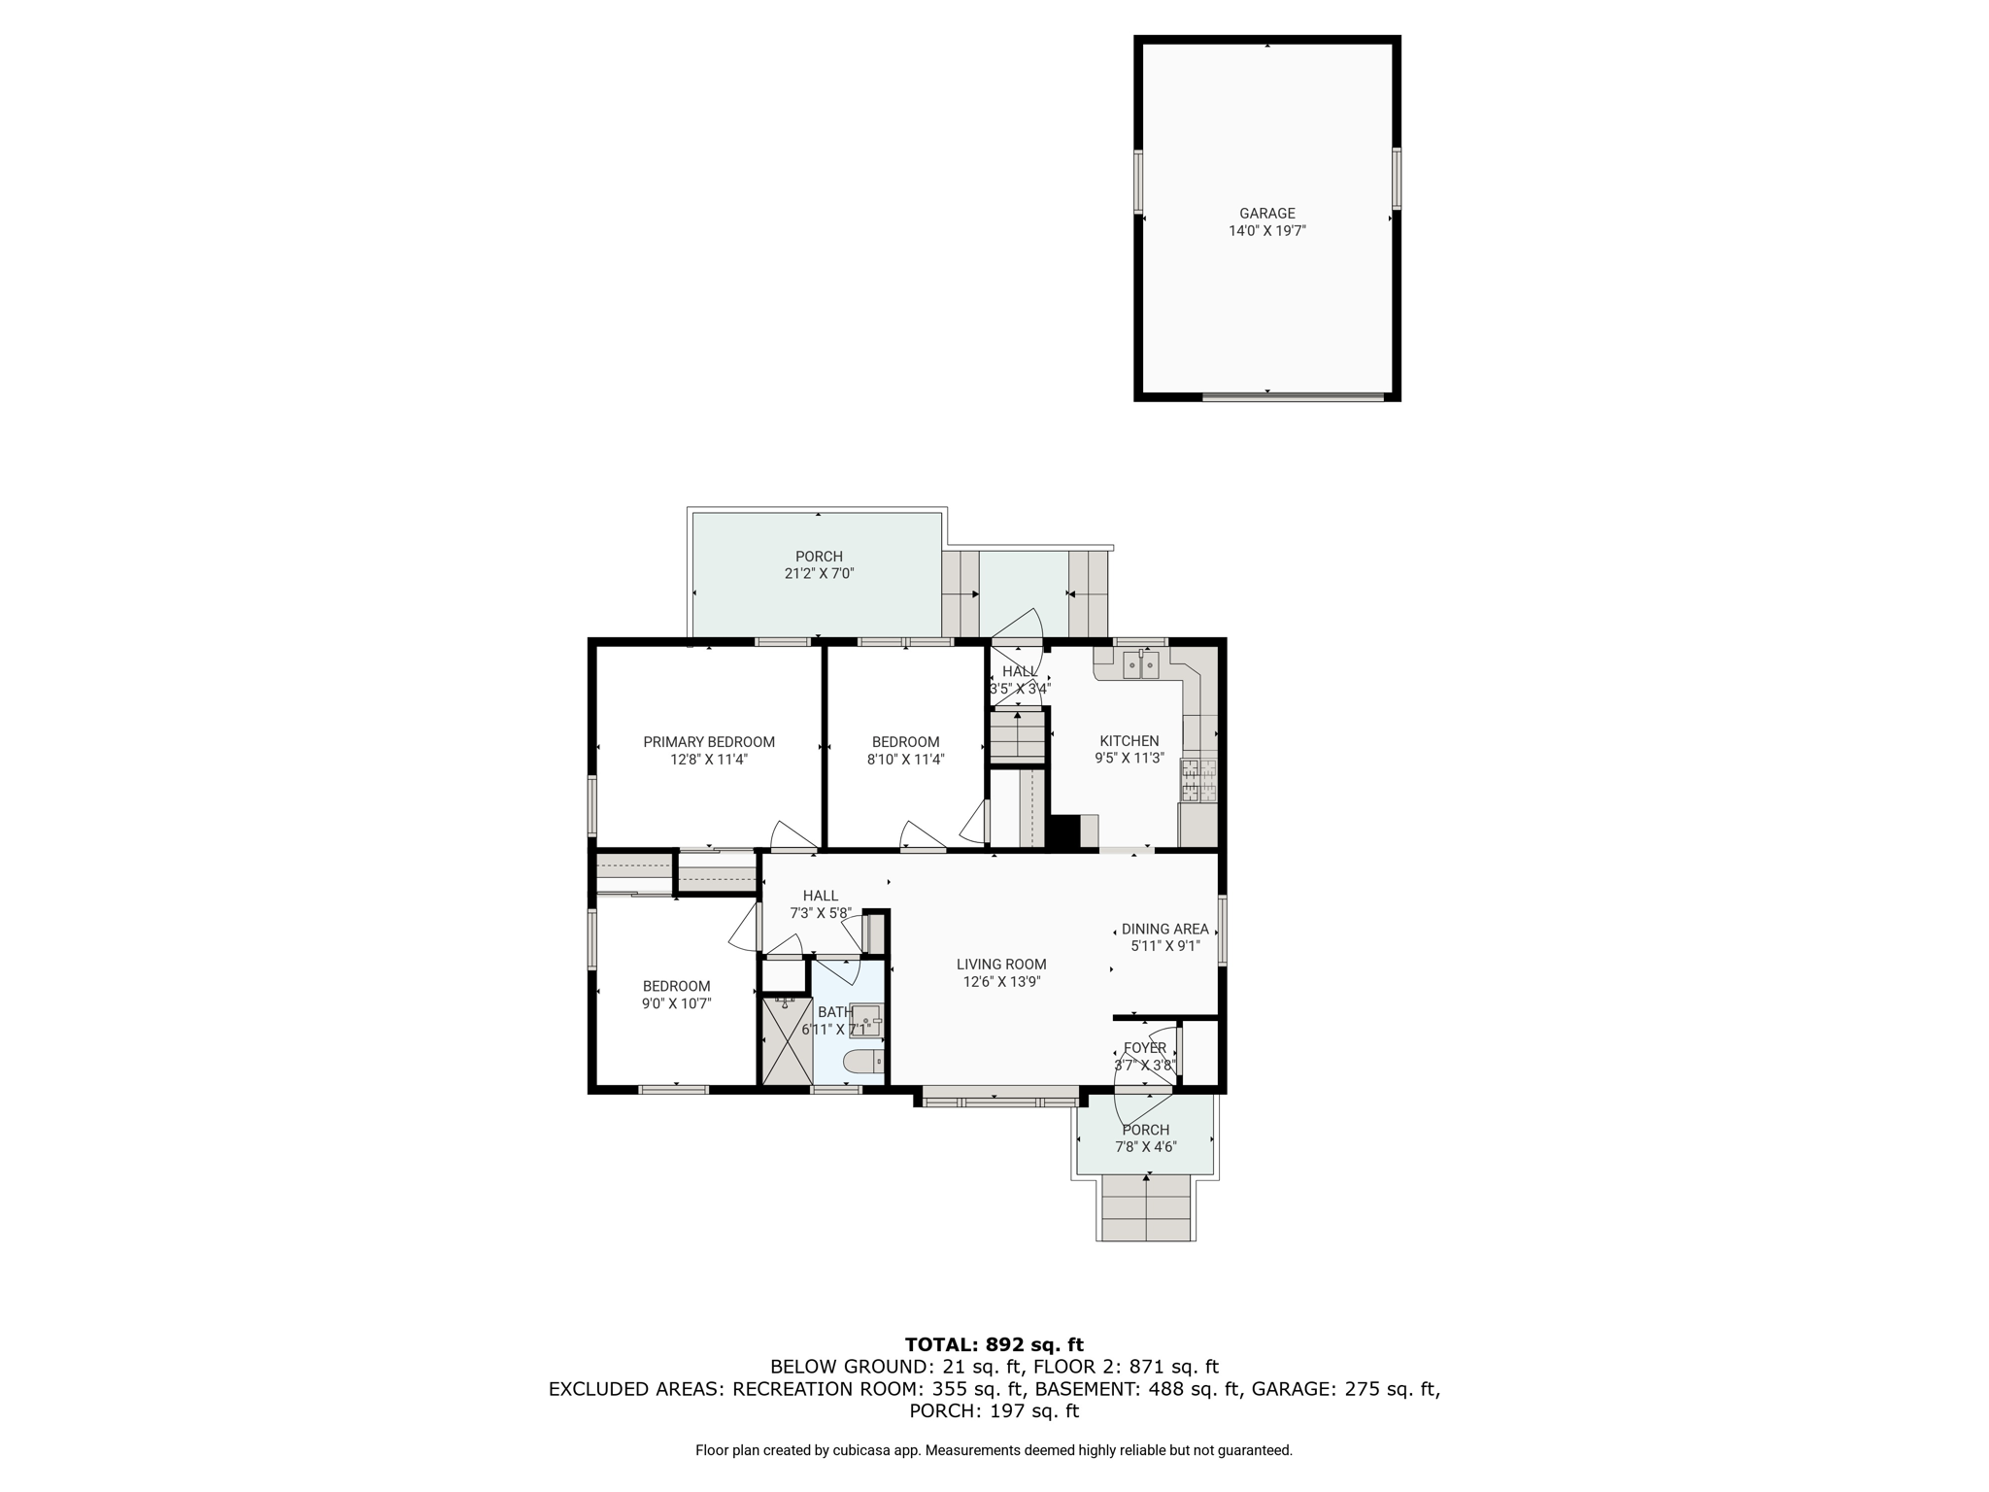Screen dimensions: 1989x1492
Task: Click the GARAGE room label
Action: point(1266,214)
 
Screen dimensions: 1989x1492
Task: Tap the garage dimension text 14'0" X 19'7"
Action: point(1266,231)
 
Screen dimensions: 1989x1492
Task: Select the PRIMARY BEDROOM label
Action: point(709,742)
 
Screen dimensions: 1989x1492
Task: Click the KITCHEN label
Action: point(1129,741)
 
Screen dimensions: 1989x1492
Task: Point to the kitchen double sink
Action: point(1140,664)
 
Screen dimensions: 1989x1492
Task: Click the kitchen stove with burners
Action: point(1198,781)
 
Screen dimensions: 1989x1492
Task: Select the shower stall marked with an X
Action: point(786,1040)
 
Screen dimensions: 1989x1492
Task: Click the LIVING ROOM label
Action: point(1001,965)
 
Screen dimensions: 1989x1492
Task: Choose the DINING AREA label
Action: point(1164,930)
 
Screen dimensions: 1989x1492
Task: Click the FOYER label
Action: point(1144,1048)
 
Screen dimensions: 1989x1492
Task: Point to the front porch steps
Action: point(1146,1207)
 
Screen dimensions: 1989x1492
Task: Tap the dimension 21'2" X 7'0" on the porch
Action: point(819,574)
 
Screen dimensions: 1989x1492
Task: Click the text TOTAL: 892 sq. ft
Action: point(994,1345)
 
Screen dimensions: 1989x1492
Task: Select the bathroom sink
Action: point(865,1020)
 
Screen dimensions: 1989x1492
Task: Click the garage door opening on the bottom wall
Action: point(1293,396)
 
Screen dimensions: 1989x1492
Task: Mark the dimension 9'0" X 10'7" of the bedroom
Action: point(676,1003)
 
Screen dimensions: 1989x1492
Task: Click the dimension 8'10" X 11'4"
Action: point(905,760)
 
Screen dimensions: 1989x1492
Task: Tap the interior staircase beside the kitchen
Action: point(1017,734)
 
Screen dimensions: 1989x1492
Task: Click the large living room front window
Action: point(999,1102)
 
